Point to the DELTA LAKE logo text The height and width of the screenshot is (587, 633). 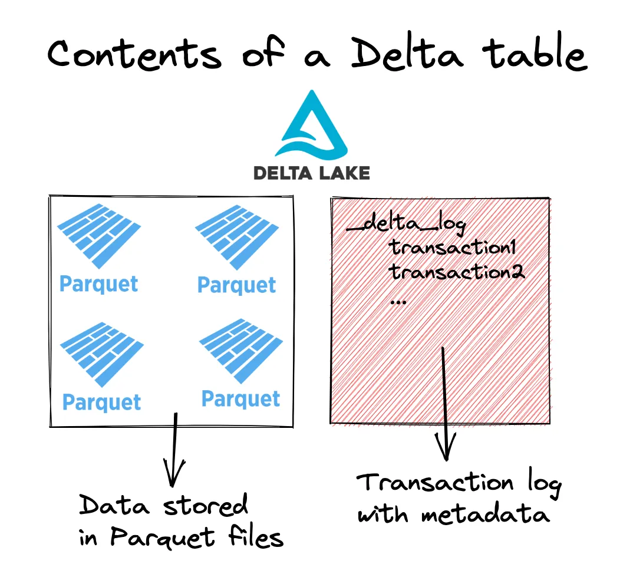coord(311,173)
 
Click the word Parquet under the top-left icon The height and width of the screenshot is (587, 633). coord(99,283)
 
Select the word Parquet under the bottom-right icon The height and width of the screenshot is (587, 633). coord(240,399)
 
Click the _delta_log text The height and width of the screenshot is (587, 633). coord(406,225)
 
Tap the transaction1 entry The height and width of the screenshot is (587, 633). coord(453,248)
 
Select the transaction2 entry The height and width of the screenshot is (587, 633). coord(457,272)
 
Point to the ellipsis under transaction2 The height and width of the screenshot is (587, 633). coord(398,301)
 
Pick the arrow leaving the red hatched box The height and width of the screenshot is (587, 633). coord(446,407)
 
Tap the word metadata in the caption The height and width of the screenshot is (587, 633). coord(486,515)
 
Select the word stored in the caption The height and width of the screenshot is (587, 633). coord(205,506)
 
